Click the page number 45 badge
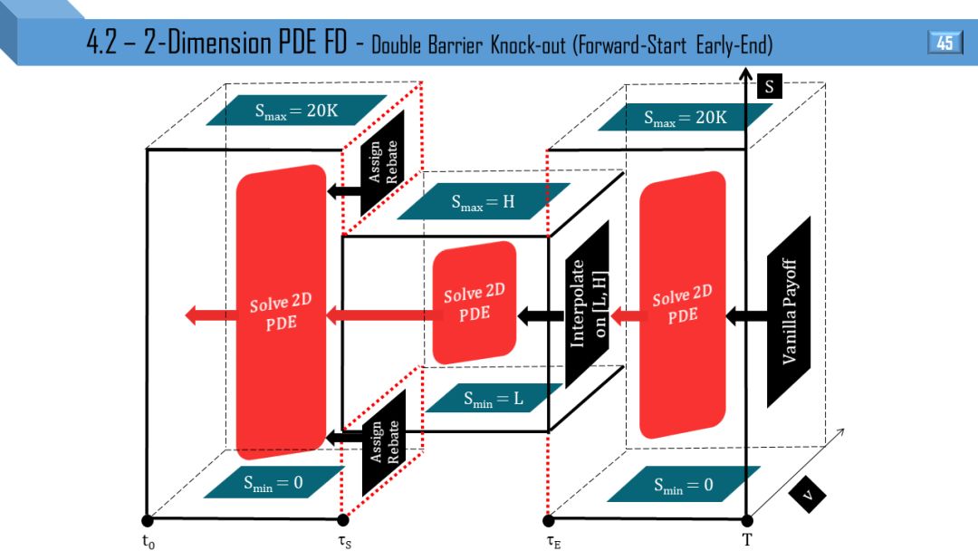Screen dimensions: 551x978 pyautogui.click(x=944, y=43)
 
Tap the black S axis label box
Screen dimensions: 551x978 pyautogui.click(x=769, y=87)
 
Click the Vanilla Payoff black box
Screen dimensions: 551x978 pyautogui.click(x=788, y=312)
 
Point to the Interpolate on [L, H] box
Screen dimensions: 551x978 pyautogui.click(x=587, y=304)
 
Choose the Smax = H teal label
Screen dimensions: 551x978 pyautogui.click(x=483, y=201)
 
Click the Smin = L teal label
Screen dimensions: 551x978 pyautogui.click(x=493, y=398)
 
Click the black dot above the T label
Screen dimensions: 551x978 pyautogui.click(x=747, y=520)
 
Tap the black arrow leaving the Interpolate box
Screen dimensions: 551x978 pyautogui.click(x=541, y=315)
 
